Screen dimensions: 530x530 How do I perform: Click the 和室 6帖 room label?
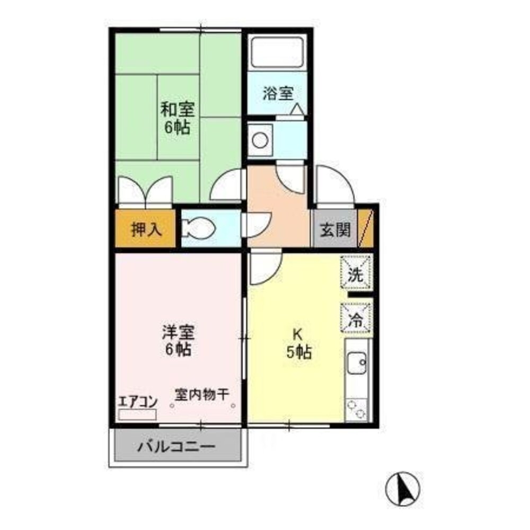click(x=178, y=119)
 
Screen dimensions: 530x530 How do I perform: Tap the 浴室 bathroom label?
click(x=278, y=94)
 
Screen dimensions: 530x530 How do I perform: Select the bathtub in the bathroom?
click(x=277, y=52)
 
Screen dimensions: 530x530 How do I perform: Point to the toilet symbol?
click(x=200, y=228)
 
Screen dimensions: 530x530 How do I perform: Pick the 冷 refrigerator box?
click(x=356, y=318)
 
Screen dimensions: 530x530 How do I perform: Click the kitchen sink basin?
click(x=356, y=366)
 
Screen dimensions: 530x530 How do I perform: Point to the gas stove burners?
click(x=356, y=409)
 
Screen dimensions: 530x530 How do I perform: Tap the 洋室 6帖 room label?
click(x=178, y=341)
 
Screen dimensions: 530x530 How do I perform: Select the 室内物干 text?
click(x=202, y=394)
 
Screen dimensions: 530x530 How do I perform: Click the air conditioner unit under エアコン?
click(x=137, y=415)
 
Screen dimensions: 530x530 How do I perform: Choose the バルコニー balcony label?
click(x=177, y=447)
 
